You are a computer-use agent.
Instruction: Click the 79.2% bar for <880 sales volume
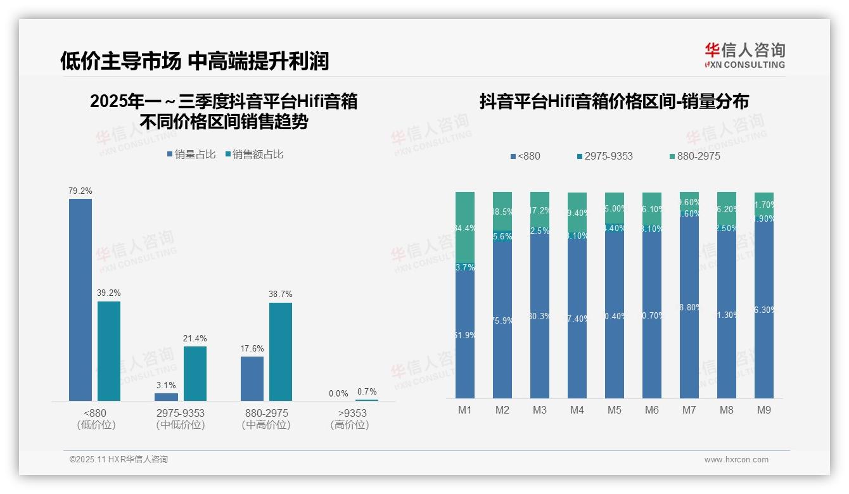pos(80,300)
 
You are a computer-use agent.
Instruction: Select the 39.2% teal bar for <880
pos(109,351)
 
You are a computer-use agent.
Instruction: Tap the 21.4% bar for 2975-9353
pos(195,373)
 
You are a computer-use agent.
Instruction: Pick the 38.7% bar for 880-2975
pos(281,351)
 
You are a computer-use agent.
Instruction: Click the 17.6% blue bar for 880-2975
pos(252,378)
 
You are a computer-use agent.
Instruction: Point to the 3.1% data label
pos(166,385)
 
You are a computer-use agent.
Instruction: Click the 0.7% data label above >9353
pos(366,391)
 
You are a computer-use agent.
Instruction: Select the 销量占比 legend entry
pos(191,155)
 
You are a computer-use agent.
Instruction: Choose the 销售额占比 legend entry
pos(254,155)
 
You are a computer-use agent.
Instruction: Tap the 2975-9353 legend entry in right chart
pos(604,156)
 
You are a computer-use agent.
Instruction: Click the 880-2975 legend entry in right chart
pos(694,156)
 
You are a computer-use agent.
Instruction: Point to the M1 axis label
pos(465,410)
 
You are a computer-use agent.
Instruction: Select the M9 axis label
pos(764,410)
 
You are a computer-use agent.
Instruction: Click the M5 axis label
pos(615,410)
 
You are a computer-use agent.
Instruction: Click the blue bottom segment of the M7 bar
pos(689,308)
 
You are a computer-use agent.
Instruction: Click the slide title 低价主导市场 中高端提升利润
pos(195,61)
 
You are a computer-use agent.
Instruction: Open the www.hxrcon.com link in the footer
pos(736,460)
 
